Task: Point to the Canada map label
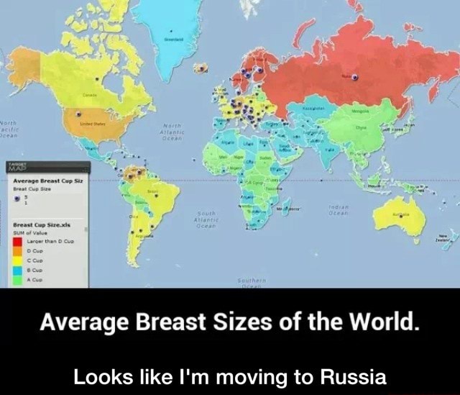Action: click(x=90, y=95)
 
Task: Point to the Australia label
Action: click(x=397, y=214)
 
